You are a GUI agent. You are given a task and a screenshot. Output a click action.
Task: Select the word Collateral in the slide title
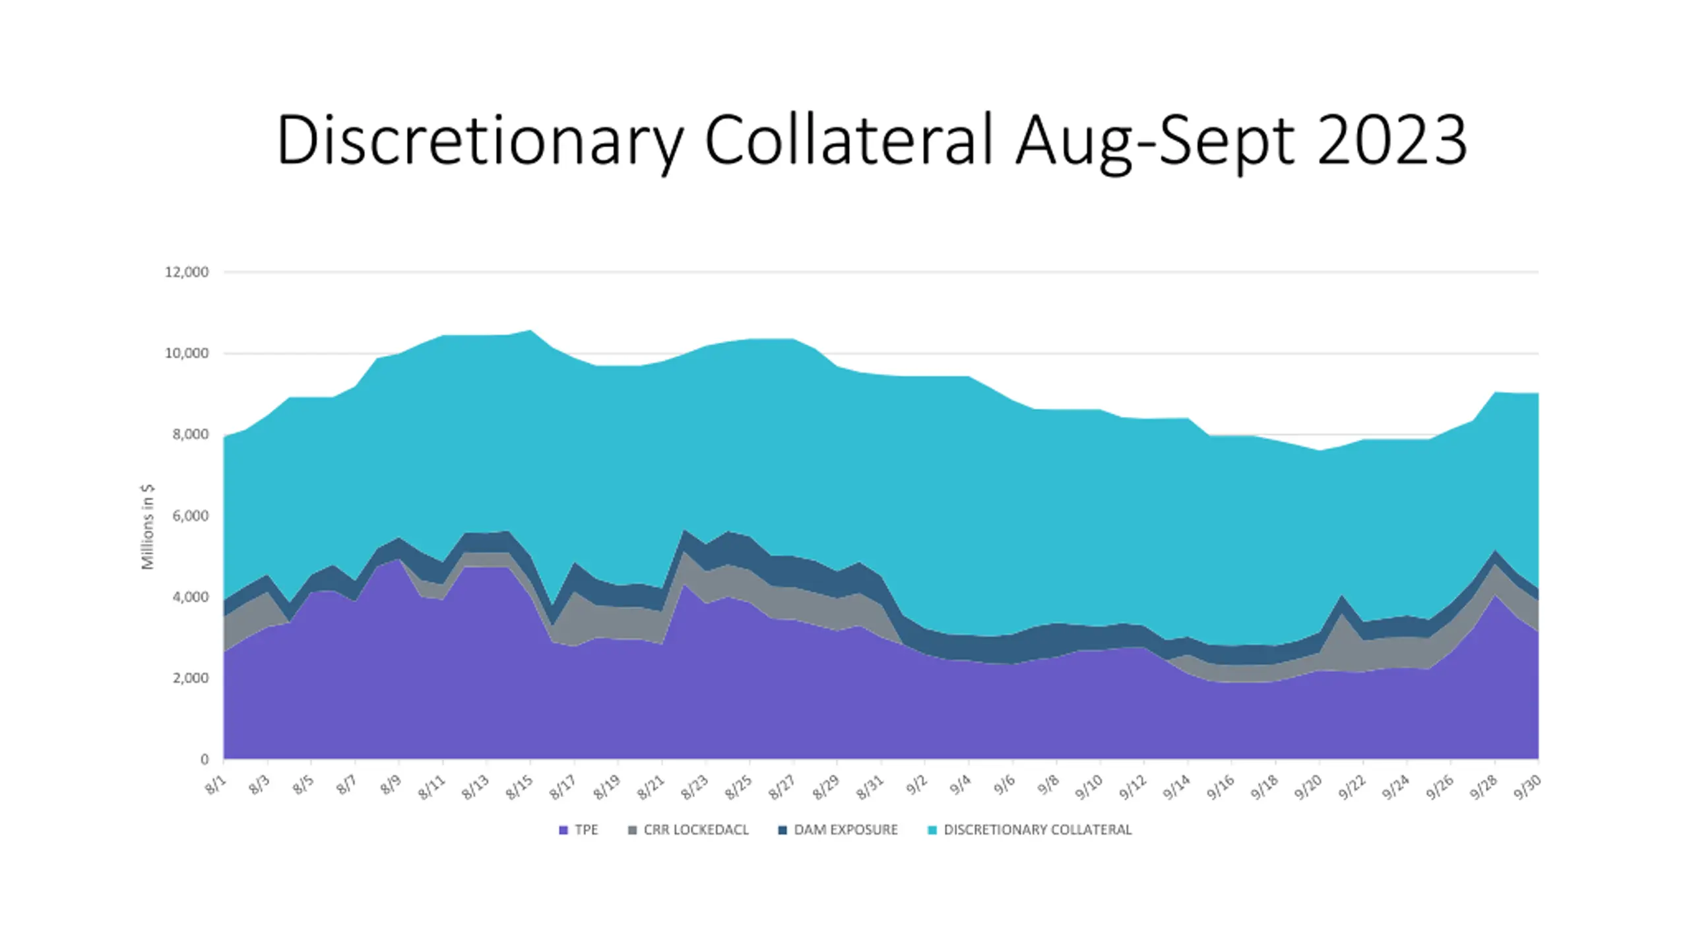pyautogui.click(x=850, y=139)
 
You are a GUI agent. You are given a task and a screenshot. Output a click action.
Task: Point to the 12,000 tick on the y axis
pyautogui.click(x=187, y=272)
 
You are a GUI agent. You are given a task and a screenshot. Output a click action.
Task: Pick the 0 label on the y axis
pyautogui.click(x=205, y=759)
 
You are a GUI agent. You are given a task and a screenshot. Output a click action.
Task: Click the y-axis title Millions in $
pyautogui.click(x=147, y=526)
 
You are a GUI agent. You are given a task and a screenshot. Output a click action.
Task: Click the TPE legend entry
pyautogui.click(x=579, y=830)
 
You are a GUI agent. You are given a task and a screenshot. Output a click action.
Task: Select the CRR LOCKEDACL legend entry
pyautogui.click(x=688, y=830)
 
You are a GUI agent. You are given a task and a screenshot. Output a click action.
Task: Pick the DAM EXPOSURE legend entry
pyautogui.click(x=838, y=830)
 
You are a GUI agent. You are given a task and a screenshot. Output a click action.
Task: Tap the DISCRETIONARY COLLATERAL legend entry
pyautogui.click(x=1030, y=830)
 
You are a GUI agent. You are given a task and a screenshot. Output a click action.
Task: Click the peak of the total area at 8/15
pyautogui.click(x=530, y=330)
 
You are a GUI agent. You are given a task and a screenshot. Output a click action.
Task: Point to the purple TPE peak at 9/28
pyautogui.click(x=1495, y=596)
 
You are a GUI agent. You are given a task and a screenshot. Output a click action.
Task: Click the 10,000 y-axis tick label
pyautogui.click(x=187, y=354)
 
